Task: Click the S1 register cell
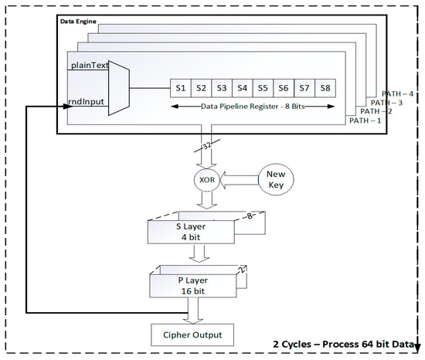point(180,89)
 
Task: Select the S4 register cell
point(243,89)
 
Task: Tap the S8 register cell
point(325,89)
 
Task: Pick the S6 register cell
point(284,89)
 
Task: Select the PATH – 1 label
point(364,120)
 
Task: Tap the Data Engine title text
point(80,21)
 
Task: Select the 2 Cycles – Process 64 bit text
point(345,342)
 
